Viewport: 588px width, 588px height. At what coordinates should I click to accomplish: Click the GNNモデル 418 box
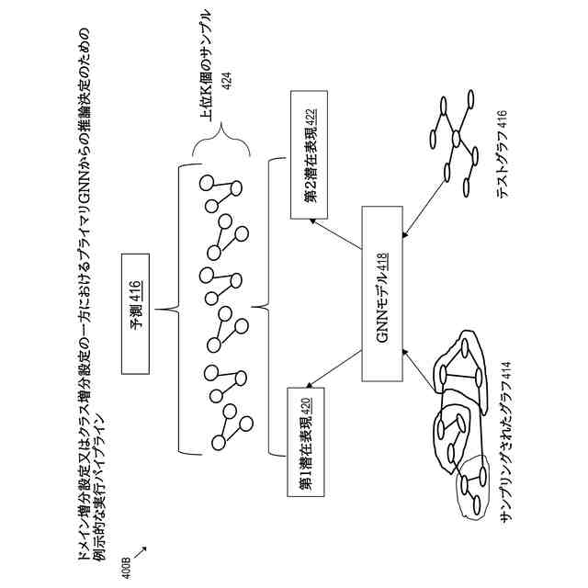(x=384, y=295)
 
